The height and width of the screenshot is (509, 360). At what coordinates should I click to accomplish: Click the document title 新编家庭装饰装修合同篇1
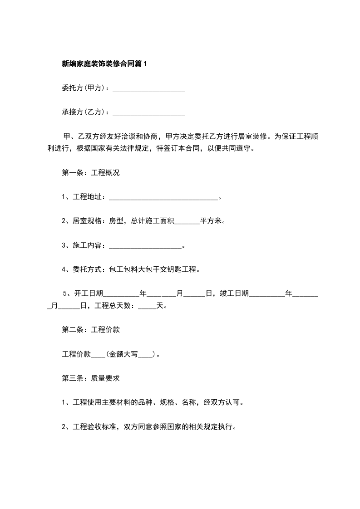[x=104, y=64]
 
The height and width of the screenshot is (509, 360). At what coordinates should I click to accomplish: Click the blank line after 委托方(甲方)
[x=148, y=89]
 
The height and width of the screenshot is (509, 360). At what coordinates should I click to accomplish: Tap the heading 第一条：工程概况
[x=90, y=173]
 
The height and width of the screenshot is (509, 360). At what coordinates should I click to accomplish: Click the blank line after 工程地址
[x=164, y=197]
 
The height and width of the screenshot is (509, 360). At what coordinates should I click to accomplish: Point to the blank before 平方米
[x=187, y=222]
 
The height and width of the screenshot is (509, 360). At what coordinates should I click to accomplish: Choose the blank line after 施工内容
[x=145, y=246]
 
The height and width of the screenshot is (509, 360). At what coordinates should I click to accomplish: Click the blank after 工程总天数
[x=147, y=306]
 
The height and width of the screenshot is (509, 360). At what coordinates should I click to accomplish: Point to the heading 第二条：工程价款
[x=90, y=330]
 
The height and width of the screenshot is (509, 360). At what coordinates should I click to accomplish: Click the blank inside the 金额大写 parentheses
[x=146, y=355]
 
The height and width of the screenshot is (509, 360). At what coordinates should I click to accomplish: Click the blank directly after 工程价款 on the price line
[x=99, y=355]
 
